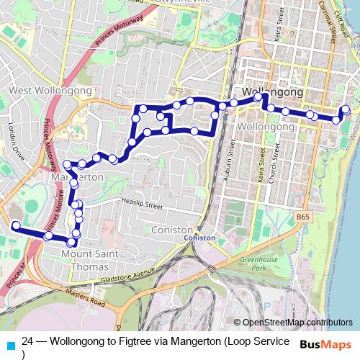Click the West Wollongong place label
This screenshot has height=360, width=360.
pos(50,91)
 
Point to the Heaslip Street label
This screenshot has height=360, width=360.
pos(143,204)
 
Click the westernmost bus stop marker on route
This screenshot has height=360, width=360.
pos(16,225)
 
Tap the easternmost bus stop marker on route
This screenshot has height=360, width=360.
pos(346,109)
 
